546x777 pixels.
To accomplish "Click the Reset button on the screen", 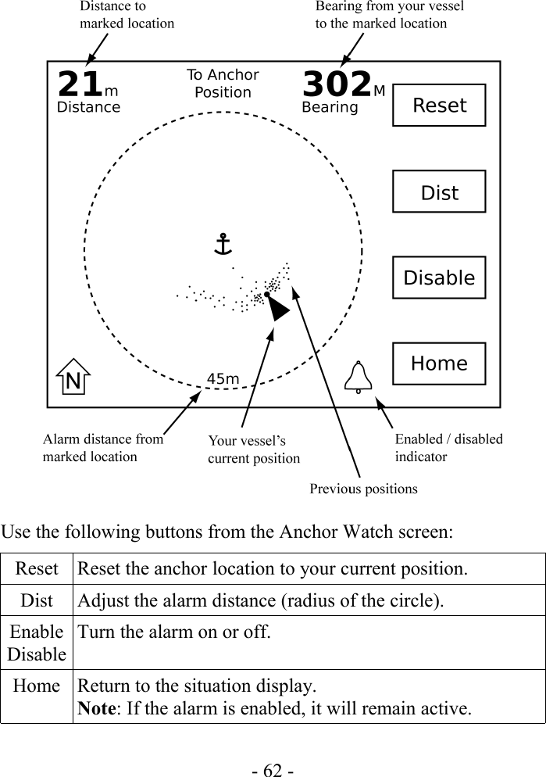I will [439, 106].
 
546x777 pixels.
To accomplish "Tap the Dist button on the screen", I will [439, 192].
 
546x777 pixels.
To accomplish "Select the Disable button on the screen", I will [439, 278].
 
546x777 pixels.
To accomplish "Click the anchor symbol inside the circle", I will [223, 244].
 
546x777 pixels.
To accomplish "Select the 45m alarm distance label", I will [223, 379].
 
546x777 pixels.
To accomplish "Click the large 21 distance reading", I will [80, 84].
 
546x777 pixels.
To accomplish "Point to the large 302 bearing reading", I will [337, 84].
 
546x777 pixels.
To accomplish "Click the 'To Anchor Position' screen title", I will [223, 84].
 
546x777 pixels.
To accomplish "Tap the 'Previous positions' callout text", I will [363, 489].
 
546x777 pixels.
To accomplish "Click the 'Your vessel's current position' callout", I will [253, 449].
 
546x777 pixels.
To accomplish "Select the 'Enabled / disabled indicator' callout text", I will [448, 447].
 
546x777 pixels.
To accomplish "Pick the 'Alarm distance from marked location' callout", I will [102, 448].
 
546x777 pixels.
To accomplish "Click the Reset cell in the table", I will [37, 568].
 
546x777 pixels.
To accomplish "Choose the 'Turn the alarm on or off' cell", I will [173, 632].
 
